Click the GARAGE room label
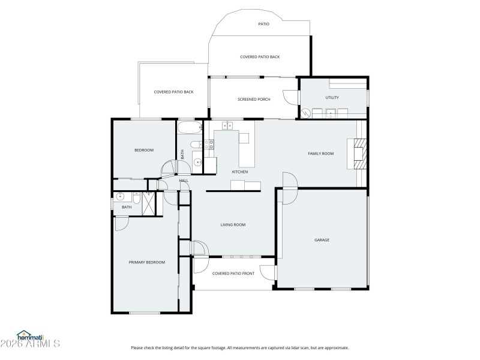(x=322, y=240)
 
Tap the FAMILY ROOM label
(x=320, y=154)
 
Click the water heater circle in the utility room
(x=306, y=112)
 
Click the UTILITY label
(x=332, y=97)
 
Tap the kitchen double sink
(x=227, y=125)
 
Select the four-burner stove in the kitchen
(x=209, y=144)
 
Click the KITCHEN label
(x=240, y=172)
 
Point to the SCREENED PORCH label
(x=254, y=99)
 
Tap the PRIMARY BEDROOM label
(x=146, y=262)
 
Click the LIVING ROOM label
(x=233, y=225)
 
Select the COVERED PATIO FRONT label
(x=233, y=274)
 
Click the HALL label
(x=184, y=180)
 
